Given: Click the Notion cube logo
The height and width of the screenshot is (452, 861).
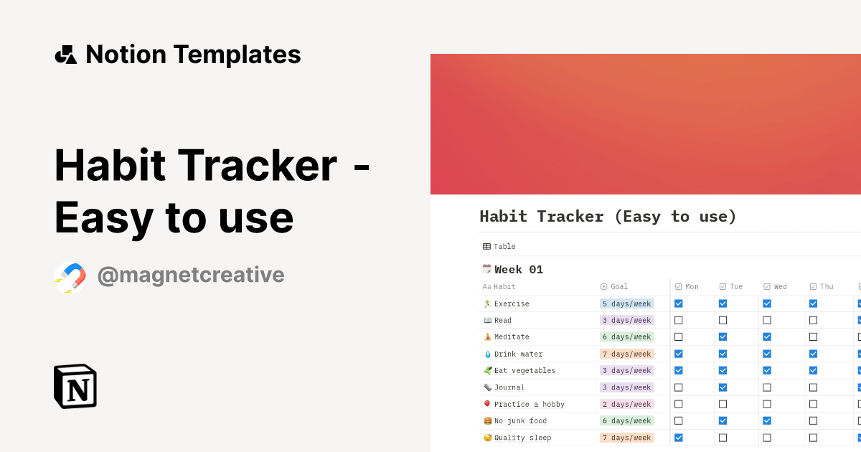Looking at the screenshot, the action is pyautogui.click(x=75, y=386).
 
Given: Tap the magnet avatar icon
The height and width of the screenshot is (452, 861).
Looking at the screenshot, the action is pyautogui.click(x=70, y=278).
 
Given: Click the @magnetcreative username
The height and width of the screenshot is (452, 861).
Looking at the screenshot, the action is pyautogui.click(x=191, y=276).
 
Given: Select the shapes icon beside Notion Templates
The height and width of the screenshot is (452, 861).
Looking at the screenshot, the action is pyautogui.click(x=66, y=55).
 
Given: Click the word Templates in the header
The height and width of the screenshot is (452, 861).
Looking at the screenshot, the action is pyautogui.click(x=237, y=55).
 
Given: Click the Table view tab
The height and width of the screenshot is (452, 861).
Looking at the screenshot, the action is pyautogui.click(x=499, y=246).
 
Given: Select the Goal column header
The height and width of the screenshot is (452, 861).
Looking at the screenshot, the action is pyautogui.click(x=614, y=286).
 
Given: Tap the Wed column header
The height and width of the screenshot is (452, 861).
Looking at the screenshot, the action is pyautogui.click(x=776, y=286).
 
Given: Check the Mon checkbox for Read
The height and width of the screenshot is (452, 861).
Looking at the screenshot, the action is pyautogui.click(x=679, y=320).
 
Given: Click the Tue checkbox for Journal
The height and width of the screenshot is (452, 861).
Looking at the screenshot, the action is pyautogui.click(x=723, y=387).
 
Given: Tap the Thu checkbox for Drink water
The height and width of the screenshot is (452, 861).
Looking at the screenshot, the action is pyautogui.click(x=813, y=354).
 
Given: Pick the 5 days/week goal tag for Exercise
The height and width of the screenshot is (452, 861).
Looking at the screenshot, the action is pyautogui.click(x=626, y=303).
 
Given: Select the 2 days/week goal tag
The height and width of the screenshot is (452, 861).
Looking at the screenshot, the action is pyautogui.click(x=626, y=404).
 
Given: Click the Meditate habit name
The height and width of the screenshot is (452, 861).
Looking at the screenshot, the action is pyautogui.click(x=512, y=336).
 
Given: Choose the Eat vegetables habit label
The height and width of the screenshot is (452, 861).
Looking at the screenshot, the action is pyautogui.click(x=524, y=370).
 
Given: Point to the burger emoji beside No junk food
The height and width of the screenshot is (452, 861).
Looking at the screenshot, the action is pyautogui.click(x=488, y=421).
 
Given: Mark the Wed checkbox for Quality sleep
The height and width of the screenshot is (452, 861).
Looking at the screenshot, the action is pyautogui.click(x=767, y=438).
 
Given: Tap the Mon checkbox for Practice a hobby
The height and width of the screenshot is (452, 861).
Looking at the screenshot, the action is pyautogui.click(x=679, y=404).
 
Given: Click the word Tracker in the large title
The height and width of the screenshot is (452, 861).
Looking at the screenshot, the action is pyautogui.click(x=258, y=165).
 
